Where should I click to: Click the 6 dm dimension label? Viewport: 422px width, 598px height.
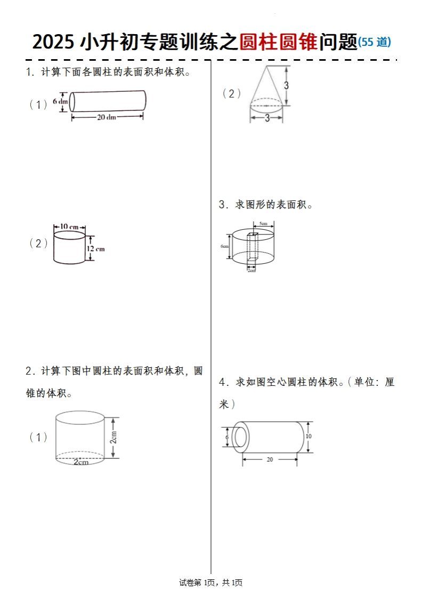[60, 101]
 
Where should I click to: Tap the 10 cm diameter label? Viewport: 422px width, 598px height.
[69, 227]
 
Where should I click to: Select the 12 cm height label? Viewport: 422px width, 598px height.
[96, 248]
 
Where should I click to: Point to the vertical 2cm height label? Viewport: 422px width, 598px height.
[113, 438]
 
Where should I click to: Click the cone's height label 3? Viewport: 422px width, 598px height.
[286, 85]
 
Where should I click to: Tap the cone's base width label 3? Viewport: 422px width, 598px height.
[267, 118]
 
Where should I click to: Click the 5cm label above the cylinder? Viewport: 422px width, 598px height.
[263, 223]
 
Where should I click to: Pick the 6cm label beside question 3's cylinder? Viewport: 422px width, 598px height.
[225, 246]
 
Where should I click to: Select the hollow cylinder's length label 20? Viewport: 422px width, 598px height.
[270, 459]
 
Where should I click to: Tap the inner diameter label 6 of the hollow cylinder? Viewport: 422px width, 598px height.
[227, 437]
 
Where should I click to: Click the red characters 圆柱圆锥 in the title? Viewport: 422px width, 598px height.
[278, 42]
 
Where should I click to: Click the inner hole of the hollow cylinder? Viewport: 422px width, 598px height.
[240, 437]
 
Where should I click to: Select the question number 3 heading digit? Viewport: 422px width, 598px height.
[222, 205]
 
